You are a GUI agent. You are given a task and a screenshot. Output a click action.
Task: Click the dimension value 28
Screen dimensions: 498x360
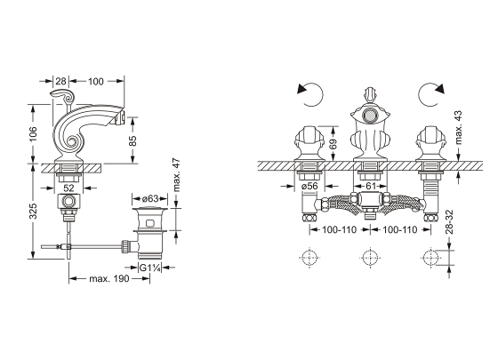tap(60, 81)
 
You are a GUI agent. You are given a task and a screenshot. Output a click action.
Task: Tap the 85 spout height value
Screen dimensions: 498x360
tap(133, 140)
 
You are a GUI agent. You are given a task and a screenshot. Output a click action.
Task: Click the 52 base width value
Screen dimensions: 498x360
tap(68, 188)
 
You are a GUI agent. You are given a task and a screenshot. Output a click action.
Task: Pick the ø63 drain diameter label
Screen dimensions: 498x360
tap(150, 199)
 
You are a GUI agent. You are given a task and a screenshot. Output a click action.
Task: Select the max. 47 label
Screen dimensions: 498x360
tap(177, 175)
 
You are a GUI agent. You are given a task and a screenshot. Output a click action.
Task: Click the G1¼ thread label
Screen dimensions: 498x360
tap(150, 268)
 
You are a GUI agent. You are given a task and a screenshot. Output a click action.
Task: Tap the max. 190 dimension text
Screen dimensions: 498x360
tap(109, 279)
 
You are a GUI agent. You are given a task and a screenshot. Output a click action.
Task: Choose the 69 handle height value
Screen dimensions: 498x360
tap(333, 145)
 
